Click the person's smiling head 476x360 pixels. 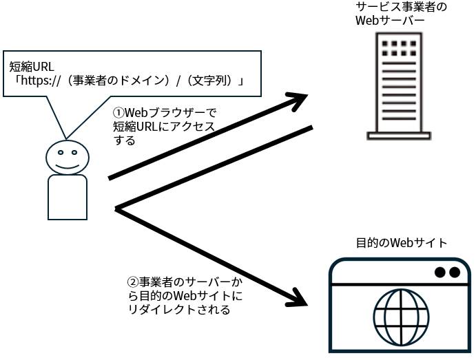coord(67,158)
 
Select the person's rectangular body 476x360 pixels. coord(68,197)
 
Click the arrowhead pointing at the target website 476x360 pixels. coord(298,298)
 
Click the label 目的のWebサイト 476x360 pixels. coord(402,242)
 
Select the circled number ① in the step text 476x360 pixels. coord(118,113)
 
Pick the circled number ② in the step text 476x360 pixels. coord(134,282)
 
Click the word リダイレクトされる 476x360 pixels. coord(179,310)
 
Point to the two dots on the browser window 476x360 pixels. coord(447,273)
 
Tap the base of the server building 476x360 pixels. coord(399,136)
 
